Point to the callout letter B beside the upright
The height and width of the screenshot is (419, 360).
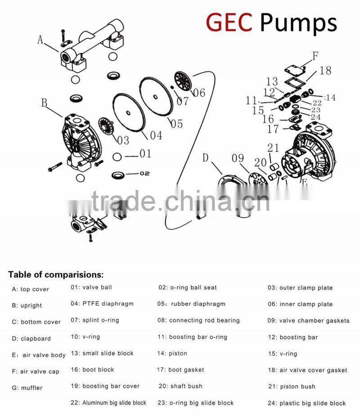click(x=44, y=103)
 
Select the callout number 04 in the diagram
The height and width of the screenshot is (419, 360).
click(x=156, y=135)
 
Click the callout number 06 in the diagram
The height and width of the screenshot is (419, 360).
click(x=198, y=93)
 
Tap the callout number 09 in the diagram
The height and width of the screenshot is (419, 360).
click(x=238, y=158)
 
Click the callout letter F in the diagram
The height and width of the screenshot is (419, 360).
click(x=315, y=56)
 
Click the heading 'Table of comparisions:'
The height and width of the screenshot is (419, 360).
click(x=56, y=274)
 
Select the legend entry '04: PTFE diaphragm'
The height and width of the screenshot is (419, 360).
click(x=102, y=304)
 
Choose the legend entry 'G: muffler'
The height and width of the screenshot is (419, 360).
click(x=27, y=387)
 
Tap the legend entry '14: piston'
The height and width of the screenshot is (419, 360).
click(x=172, y=353)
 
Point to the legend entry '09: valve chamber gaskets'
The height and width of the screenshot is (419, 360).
click(x=308, y=320)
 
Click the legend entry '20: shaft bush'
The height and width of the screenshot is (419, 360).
click(x=180, y=386)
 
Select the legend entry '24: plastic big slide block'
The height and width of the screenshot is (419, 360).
click(x=307, y=403)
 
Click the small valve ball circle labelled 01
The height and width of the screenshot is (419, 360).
click(x=117, y=157)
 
